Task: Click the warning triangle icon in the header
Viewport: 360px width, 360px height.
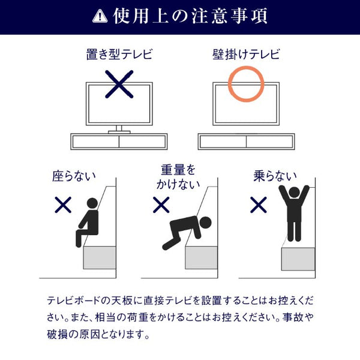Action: pyautogui.click(x=100, y=17)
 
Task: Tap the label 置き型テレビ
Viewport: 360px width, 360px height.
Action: pyautogui.click(x=119, y=56)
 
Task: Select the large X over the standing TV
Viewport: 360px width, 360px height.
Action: pyautogui.click(x=119, y=83)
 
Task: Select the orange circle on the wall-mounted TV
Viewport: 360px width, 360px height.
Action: pyautogui.click(x=246, y=84)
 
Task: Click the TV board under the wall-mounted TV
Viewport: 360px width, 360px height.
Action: pyautogui.click(x=247, y=142)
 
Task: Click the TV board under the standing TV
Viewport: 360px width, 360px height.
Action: pyautogui.click(x=119, y=142)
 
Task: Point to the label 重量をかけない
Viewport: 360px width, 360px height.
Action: pyautogui.click(x=178, y=177)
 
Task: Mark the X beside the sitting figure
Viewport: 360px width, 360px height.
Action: pyautogui.click(x=63, y=205)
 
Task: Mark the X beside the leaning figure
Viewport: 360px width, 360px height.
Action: pyautogui.click(x=161, y=205)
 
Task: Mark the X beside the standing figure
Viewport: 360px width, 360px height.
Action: pyautogui.click(x=259, y=205)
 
